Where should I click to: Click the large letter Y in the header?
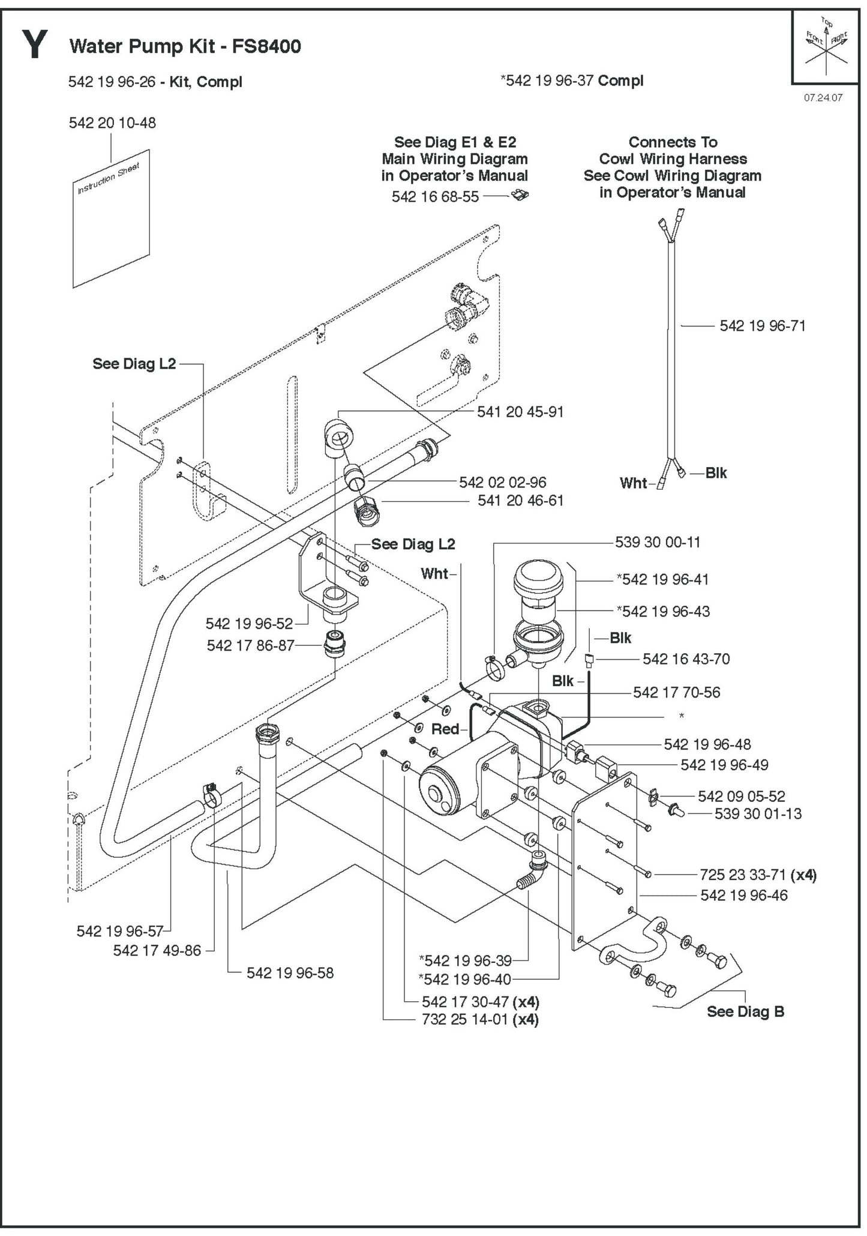35,46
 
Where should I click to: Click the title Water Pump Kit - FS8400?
185,46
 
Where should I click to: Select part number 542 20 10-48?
112,123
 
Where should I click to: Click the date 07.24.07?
823,98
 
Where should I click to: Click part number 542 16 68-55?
435,197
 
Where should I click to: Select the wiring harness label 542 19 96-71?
762,326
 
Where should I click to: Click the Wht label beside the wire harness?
633,483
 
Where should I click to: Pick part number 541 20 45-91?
520,412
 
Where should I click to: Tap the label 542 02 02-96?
502,482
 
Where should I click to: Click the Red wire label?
445,729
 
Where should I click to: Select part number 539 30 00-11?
658,543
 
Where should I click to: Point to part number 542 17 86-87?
250,646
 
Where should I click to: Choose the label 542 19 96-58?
290,973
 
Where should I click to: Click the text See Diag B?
745,1011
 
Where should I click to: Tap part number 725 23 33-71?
743,875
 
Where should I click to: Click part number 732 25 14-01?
465,1019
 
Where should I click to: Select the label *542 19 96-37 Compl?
572,80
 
